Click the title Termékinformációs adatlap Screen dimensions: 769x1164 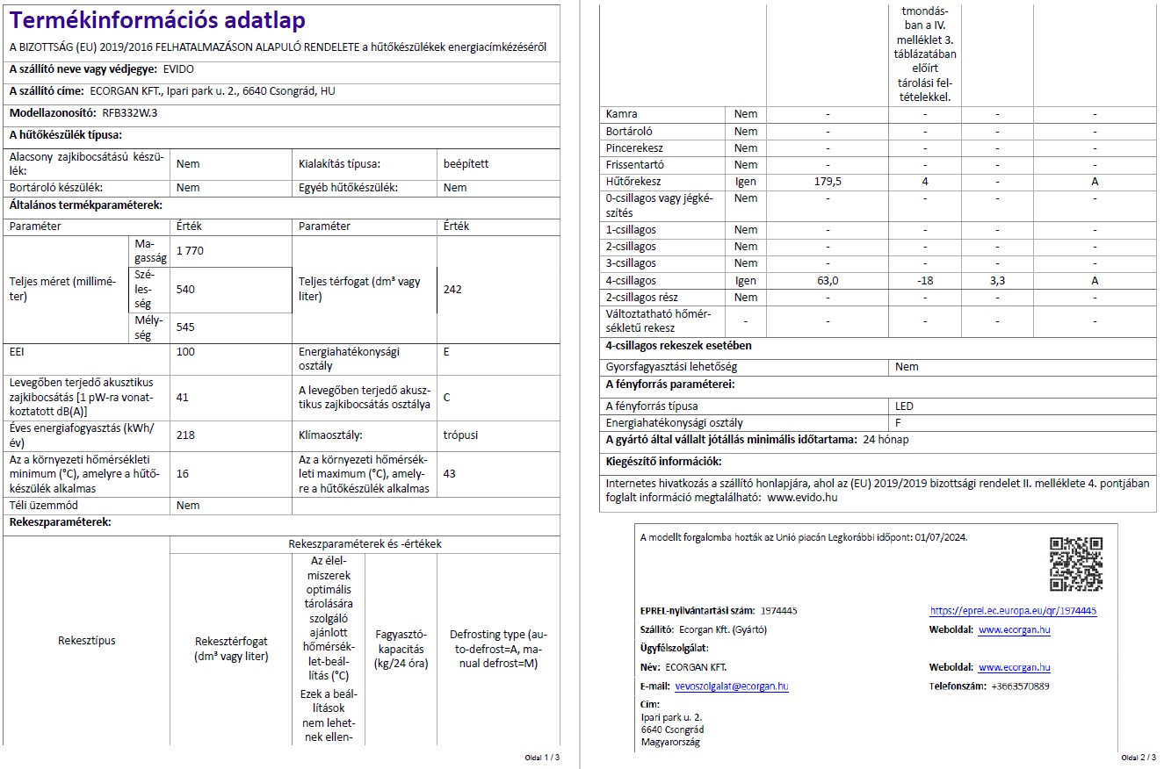tap(158, 20)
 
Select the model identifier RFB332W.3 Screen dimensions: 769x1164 tap(130, 113)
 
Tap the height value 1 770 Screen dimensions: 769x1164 tap(190, 251)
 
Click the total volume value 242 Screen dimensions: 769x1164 tap(452, 289)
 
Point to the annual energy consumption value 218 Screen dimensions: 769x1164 tap(185, 435)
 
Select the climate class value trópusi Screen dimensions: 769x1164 tap(461, 435)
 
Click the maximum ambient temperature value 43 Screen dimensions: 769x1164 tap(450, 473)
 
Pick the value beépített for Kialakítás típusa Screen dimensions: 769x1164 tap(466, 163)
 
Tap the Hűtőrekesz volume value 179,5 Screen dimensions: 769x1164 tap(828, 182)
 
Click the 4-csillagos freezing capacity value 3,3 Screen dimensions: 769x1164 tap(997, 281)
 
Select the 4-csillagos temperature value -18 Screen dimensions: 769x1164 tap(924, 281)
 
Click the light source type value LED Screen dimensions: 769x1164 tap(904, 406)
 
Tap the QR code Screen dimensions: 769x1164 tap(1075, 564)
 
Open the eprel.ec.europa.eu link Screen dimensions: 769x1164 tap(1012, 611)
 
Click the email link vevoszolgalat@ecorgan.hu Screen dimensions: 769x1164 tap(731, 686)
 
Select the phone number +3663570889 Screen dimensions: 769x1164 tap(1019, 686)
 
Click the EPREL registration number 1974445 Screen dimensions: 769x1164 tap(779, 611)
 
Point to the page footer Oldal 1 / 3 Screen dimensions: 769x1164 tap(541, 757)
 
